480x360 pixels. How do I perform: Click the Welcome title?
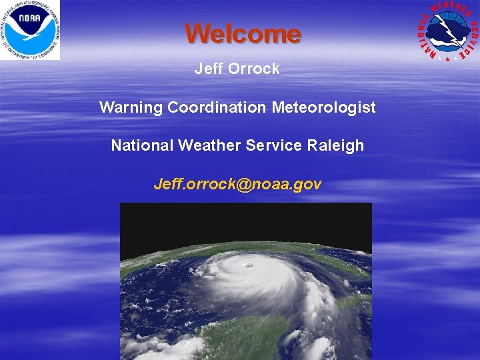tap(243, 33)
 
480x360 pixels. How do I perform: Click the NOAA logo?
tap(29, 30)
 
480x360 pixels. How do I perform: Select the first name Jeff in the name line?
tap(207, 69)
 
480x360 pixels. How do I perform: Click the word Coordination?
tap(217, 107)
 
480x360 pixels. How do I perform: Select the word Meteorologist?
tap(324, 107)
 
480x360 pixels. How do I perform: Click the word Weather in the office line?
tap(206, 145)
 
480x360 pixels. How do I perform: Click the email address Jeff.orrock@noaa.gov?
tap(237, 184)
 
